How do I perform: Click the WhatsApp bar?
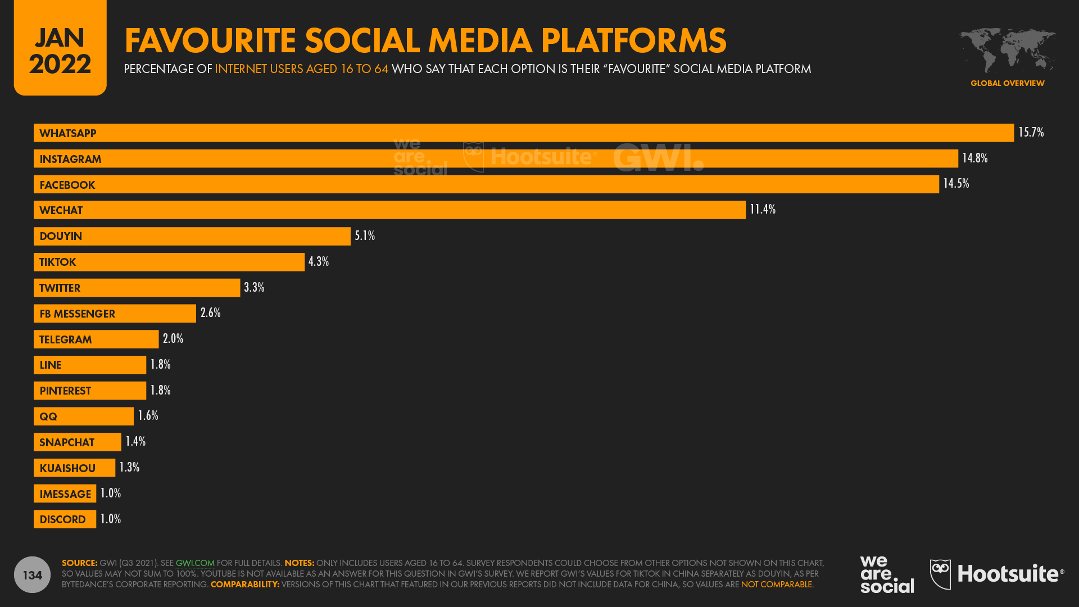coord(523,133)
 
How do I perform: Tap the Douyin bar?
coord(192,236)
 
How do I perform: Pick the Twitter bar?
coord(137,288)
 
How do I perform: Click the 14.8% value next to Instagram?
coord(974,158)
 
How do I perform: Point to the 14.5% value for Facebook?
coord(956,184)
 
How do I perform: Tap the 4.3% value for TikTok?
coord(319,262)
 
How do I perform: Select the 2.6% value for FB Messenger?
coord(211,313)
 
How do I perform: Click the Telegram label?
coord(65,339)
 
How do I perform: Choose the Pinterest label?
coord(65,391)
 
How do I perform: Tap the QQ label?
coord(48,416)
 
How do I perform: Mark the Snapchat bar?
coord(77,442)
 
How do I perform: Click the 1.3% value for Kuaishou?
coord(129,468)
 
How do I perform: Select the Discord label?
coord(62,519)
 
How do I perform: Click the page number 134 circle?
coord(32,574)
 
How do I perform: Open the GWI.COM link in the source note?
coord(195,563)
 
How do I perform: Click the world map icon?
coord(1007,51)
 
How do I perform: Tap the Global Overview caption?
coord(1007,83)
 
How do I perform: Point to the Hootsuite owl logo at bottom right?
coord(940,574)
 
